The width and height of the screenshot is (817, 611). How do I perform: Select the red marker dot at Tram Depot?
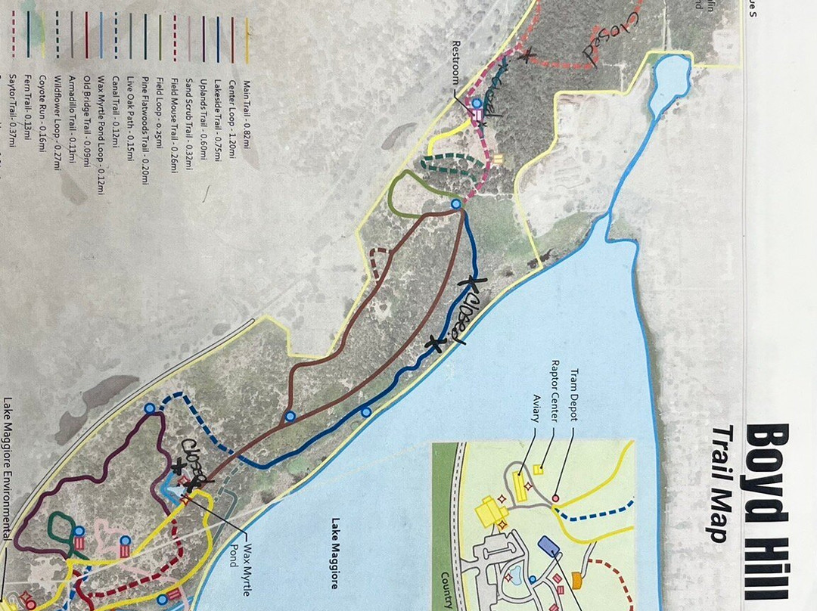(x=555, y=498)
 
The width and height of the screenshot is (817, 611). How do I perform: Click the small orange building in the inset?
(x=576, y=581)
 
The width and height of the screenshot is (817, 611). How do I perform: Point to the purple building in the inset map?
(x=547, y=546)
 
